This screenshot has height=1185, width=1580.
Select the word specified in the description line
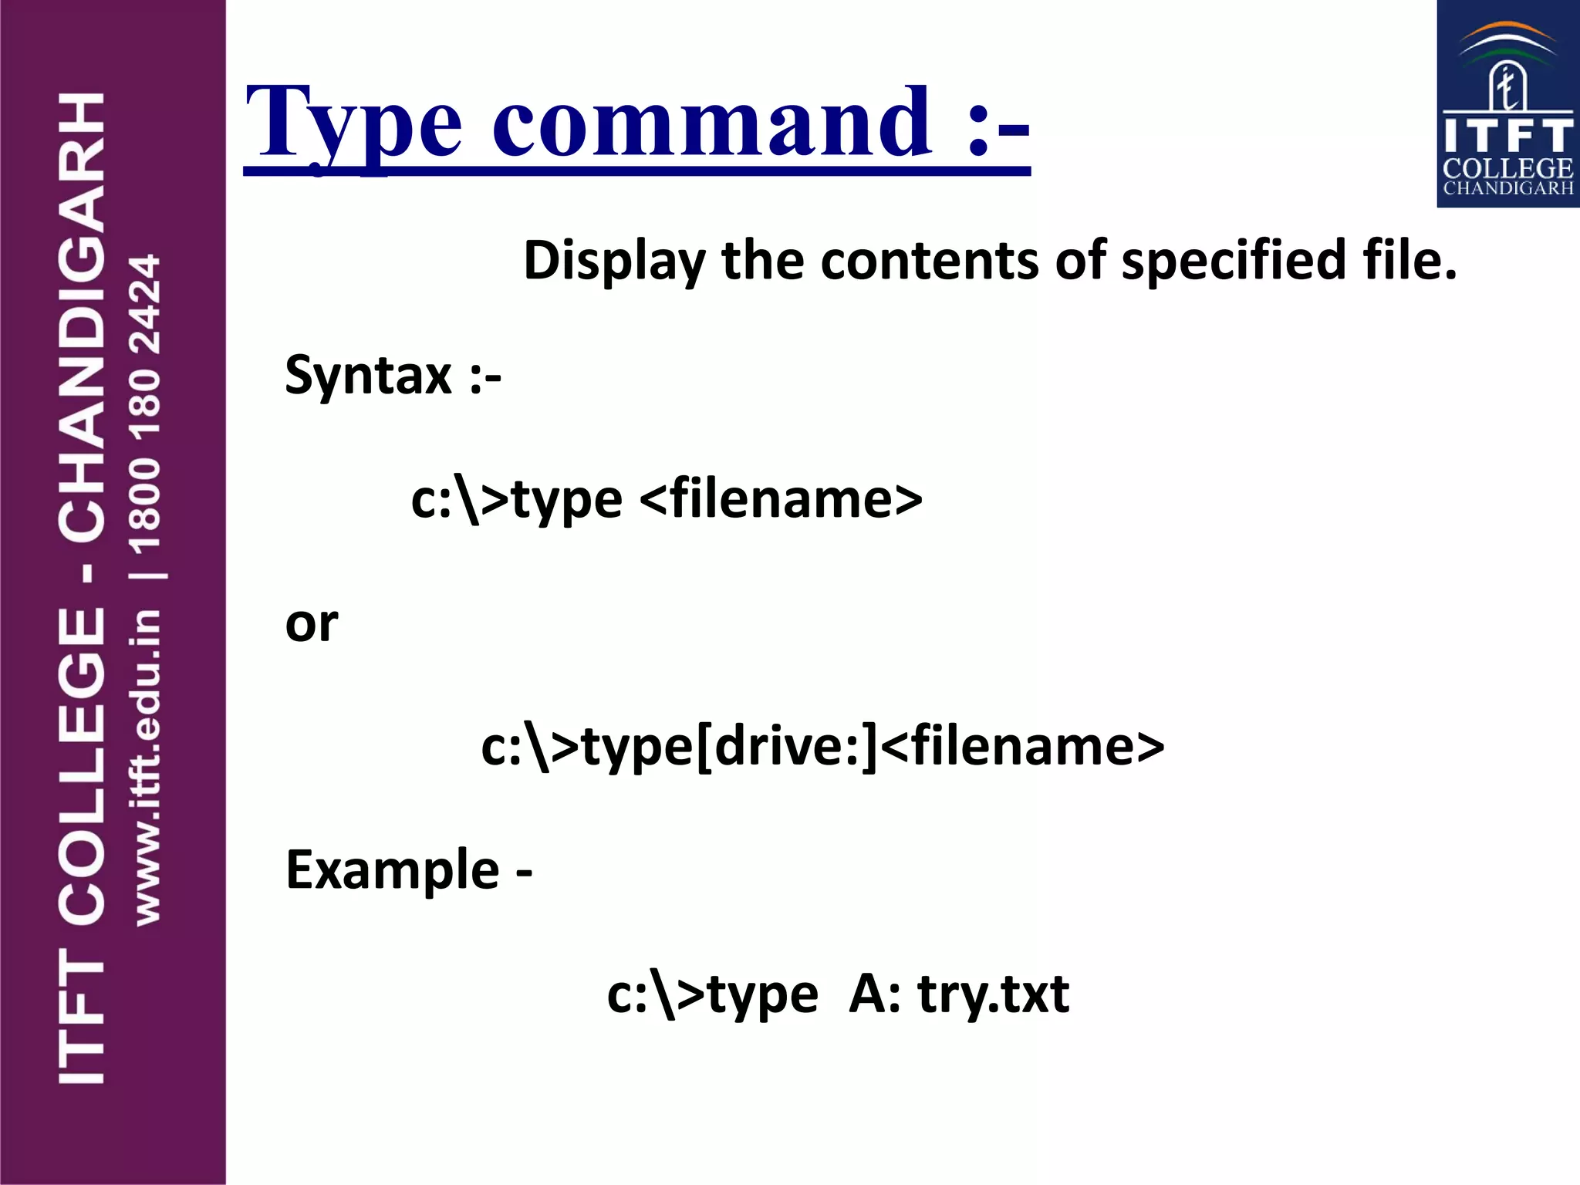(1234, 261)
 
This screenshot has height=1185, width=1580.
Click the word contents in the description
(929, 261)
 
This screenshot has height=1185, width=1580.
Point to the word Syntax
(368, 376)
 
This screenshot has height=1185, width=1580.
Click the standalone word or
(311, 623)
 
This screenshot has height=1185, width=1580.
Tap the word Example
(392, 870)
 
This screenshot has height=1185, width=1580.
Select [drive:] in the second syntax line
(786, 747)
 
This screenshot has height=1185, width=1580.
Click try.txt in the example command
(993, 994)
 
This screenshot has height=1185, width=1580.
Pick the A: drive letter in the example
(874, 994)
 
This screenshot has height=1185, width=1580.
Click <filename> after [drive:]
(1022, 747)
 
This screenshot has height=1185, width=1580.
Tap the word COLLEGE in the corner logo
(1507, 169)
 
